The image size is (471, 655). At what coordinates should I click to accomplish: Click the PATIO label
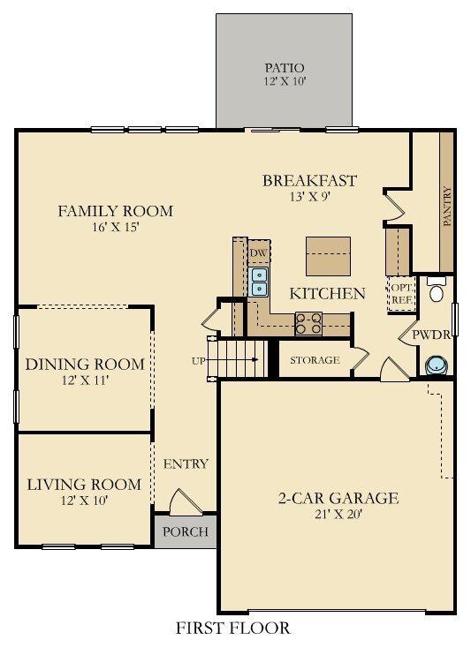tap(285, 68)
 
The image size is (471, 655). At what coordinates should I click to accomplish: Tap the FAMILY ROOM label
tap(115, 211)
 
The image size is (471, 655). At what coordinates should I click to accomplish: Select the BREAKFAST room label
tap(309, 181)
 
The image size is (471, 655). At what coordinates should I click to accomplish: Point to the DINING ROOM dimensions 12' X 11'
tap(84, 380)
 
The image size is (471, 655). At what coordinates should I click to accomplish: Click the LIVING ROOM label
tap(84, 485)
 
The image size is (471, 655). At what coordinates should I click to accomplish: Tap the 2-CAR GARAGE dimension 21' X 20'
tap(339, 516)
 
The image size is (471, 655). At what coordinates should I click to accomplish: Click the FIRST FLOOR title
tap(233, 629)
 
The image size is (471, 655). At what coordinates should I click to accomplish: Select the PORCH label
tap(186, 531)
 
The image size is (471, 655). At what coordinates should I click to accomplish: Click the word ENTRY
tap(186, 464)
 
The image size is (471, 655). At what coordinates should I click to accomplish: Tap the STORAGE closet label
tap(315, 360)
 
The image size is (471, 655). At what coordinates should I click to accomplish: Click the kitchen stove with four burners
tap(308, 324)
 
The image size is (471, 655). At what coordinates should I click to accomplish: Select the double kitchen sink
tap(259, 281)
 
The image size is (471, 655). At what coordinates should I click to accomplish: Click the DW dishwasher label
tap(258, 253)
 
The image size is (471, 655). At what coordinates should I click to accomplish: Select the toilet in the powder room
tap(436, 292)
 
